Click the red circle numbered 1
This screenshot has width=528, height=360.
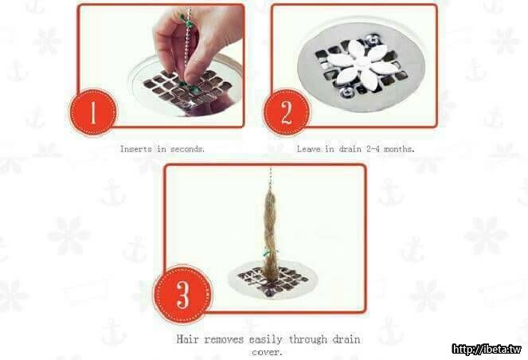(93, 112)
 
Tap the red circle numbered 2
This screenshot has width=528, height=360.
(287, 112)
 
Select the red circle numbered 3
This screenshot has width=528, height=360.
(183, 295)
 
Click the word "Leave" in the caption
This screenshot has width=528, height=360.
(309, 149)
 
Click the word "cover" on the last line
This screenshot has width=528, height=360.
(266, 353)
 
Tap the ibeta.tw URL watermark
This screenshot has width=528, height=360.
(487, 349)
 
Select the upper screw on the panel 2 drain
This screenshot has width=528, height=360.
(373, 40)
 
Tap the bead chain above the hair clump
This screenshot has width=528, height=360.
(270, 178)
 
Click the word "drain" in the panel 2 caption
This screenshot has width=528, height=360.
(350, 149)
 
